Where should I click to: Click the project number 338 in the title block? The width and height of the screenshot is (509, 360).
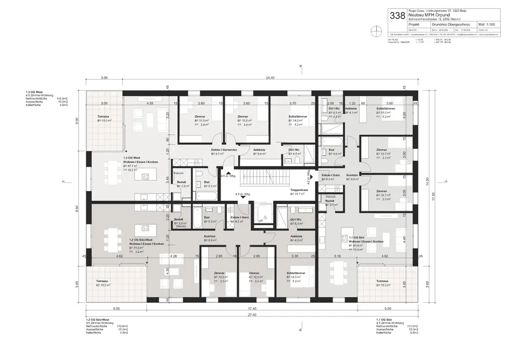tap(397, 15)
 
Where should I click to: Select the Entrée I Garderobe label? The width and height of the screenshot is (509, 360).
tap(223, 150)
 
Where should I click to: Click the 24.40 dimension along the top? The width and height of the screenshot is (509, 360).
tap(270, 78)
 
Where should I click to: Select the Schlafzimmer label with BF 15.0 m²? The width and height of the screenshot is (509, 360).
tap(386, 108)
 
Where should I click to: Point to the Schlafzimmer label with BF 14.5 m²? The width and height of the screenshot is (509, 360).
tap(296, 273)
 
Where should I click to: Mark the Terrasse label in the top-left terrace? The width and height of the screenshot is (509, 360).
tap(104, 116)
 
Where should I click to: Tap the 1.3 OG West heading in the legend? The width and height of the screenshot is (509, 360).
tap(34, 92)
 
